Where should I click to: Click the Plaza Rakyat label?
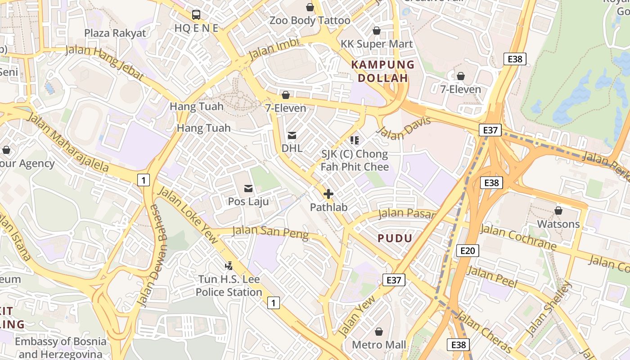pyautogui.click(x=115, y=33)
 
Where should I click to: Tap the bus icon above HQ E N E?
pyautogui.click(x=196, y=14)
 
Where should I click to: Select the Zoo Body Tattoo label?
pyautogui.click(x=310, y=20)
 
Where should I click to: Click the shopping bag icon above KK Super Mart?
pyautogui.click(x=377, y=31)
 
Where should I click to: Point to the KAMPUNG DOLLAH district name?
pyautogui.click(x=382, y=71)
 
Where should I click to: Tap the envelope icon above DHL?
pyautogui.click(x=292, y=135)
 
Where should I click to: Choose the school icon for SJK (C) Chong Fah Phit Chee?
pyautogui.click(x=355, y=140)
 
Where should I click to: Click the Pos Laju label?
pyautogui.click(x=248, y=201)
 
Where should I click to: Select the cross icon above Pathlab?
pyautogui.click(x=328, y=194)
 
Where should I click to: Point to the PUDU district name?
pyautogui.click(x=395, y=238)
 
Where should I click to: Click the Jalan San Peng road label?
pyautogui.click(x=270, y=232)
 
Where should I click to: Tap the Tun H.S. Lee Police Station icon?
pyautogui.click(x=229, y=266)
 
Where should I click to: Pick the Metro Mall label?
pyautogui.click(x=379, y=345)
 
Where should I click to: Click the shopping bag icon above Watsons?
pyautogui.click(x=558, y=211)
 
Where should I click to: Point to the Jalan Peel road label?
pyautogui.click(x=492, y=277)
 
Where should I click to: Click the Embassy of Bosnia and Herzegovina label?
pyautogui.click(x=61, y=347)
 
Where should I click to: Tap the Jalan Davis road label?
pyautogui.click(x=403, y=128)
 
